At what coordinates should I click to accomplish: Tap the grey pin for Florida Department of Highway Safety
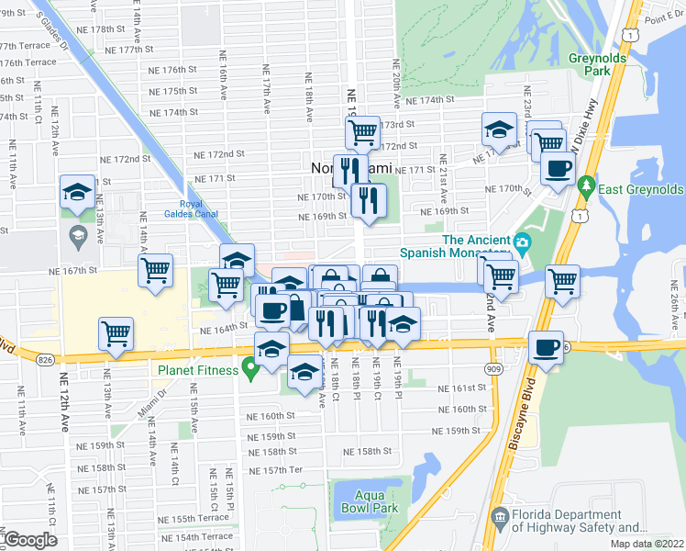(500, 521)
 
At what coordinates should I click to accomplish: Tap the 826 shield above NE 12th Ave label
(46, 362)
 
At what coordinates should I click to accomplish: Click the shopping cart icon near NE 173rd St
(362, 132)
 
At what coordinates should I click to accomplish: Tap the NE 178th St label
(108, 29)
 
